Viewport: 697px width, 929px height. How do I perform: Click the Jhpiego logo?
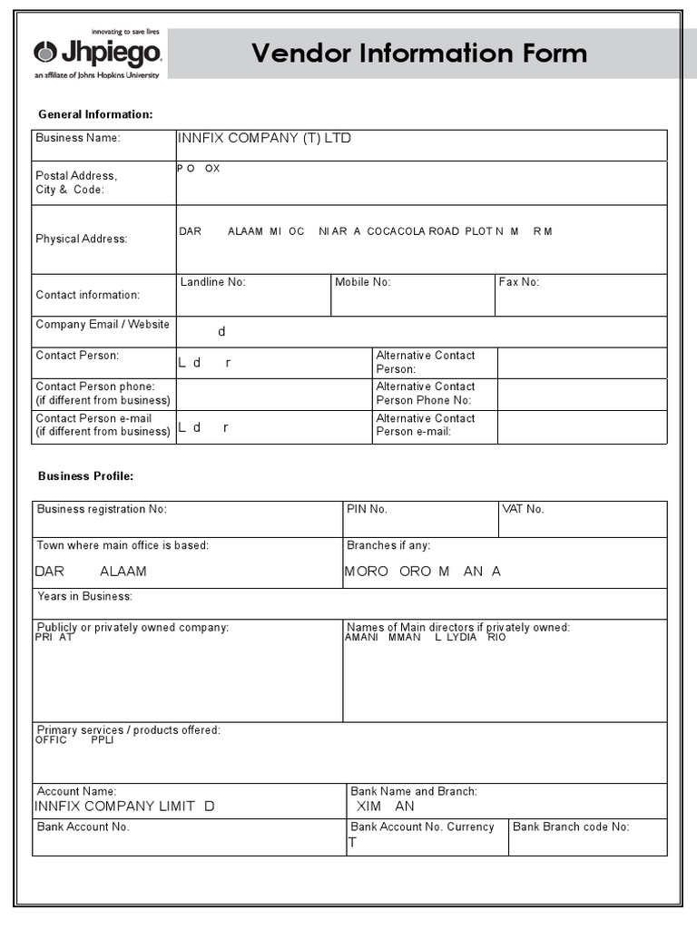click(97, 54)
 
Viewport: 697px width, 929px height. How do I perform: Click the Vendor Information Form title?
click(419, 54)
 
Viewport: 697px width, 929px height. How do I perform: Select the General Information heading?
click(95, 114)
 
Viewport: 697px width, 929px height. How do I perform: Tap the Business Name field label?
click(77, 138)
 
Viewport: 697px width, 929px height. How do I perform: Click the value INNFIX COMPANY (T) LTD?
click(263, 138)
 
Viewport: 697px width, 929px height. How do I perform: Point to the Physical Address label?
click(81, 239)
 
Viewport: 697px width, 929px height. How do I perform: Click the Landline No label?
click(212, 282)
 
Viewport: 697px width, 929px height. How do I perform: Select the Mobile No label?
click(362, 282)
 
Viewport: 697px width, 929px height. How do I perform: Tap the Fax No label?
click(518, 282)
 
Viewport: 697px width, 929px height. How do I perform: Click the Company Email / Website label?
click(102, 325)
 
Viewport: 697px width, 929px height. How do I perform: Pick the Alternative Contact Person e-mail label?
click(426, 425)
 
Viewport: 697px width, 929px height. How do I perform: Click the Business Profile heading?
click(85, 476)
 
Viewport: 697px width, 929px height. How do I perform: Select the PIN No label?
click(367, 509)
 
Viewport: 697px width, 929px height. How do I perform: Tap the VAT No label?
click(523, 509)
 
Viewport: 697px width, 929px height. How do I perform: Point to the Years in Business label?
click(84, 596)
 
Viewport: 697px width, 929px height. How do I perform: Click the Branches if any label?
click(388, 545)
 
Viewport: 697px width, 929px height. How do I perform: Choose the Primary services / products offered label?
click(128, 730)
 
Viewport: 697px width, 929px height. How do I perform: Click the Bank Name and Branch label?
click(414, 791)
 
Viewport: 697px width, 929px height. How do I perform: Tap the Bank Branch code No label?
click(571, 826)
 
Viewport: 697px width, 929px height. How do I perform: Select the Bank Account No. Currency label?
click(422, 826)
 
